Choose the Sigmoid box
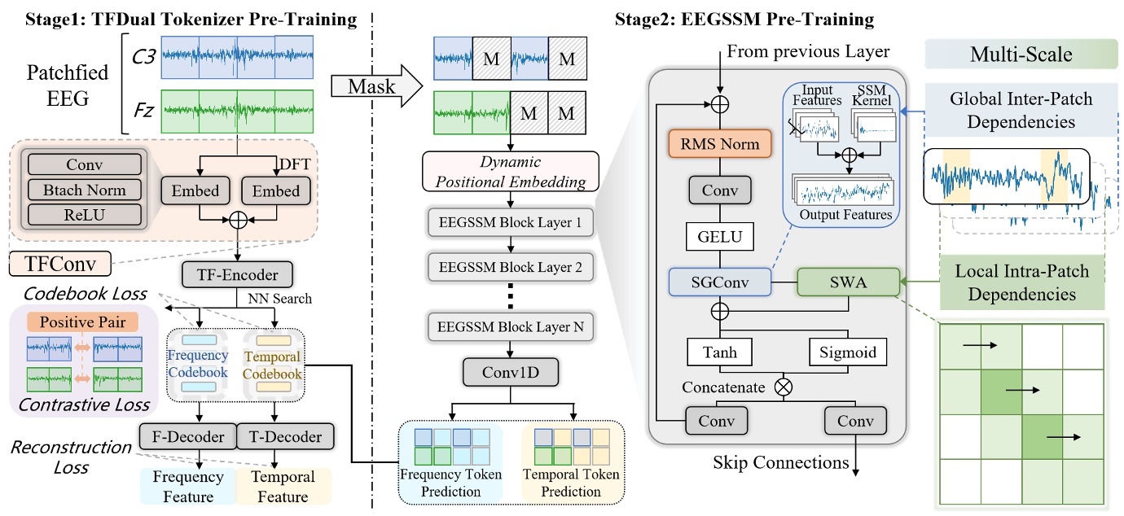pos(848,352)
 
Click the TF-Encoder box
pos(235,275)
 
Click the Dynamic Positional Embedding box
pos(509,172)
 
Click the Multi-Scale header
pos(1021,55)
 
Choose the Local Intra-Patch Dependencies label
pos(1021,281)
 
